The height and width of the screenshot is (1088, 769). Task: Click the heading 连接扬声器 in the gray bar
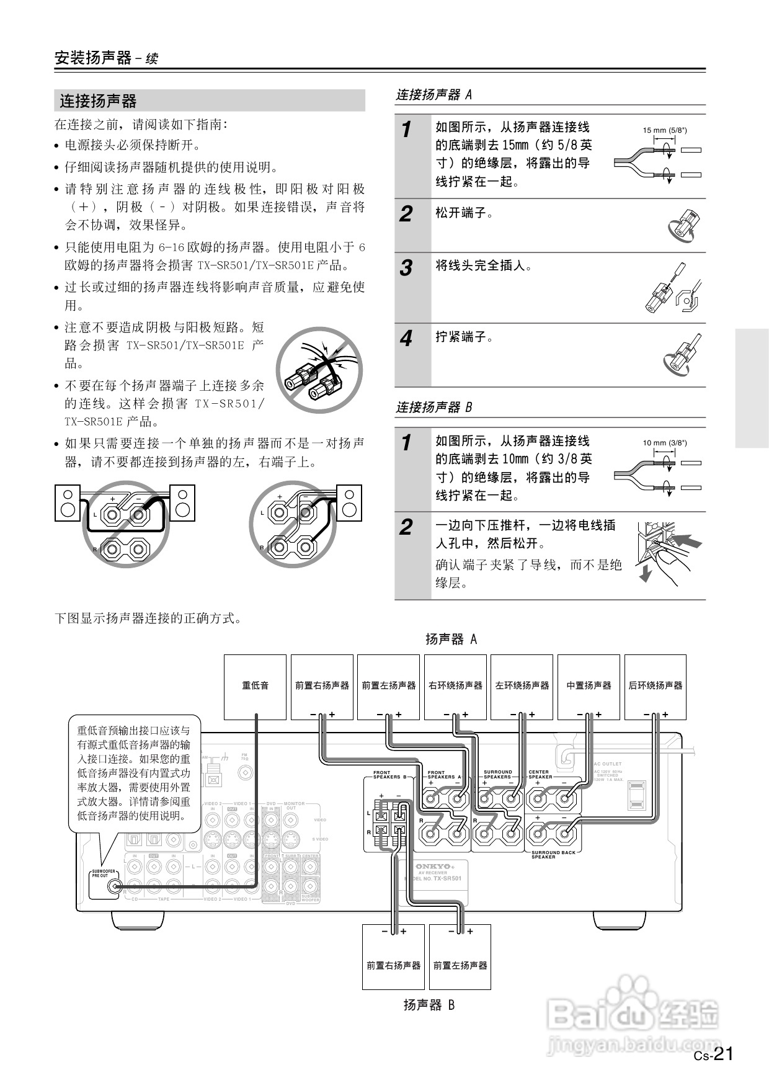click(98, 100)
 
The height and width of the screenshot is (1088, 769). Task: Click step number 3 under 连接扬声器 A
click(406, 269)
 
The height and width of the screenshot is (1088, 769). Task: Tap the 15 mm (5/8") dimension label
click(664, 130)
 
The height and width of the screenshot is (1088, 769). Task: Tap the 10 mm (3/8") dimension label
click(664, 443)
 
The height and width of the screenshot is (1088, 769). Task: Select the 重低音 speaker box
click(255, 686)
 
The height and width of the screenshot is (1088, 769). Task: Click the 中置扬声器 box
click(589, 686)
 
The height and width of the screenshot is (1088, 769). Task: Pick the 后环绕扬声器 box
click(655, 686)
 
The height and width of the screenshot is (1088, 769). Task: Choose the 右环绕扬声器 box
click(455, 686)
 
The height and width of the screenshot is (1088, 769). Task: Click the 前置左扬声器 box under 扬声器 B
click(460, 966)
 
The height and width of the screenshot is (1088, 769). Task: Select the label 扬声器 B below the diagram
click(429, 1006)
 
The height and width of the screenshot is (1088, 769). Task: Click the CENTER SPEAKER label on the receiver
click(540, 774)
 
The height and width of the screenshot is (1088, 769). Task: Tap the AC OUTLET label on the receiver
click(607, 764)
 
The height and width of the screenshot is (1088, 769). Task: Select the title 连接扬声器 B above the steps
click(434, 408)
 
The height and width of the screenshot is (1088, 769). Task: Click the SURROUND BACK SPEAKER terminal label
click(553, 854)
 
